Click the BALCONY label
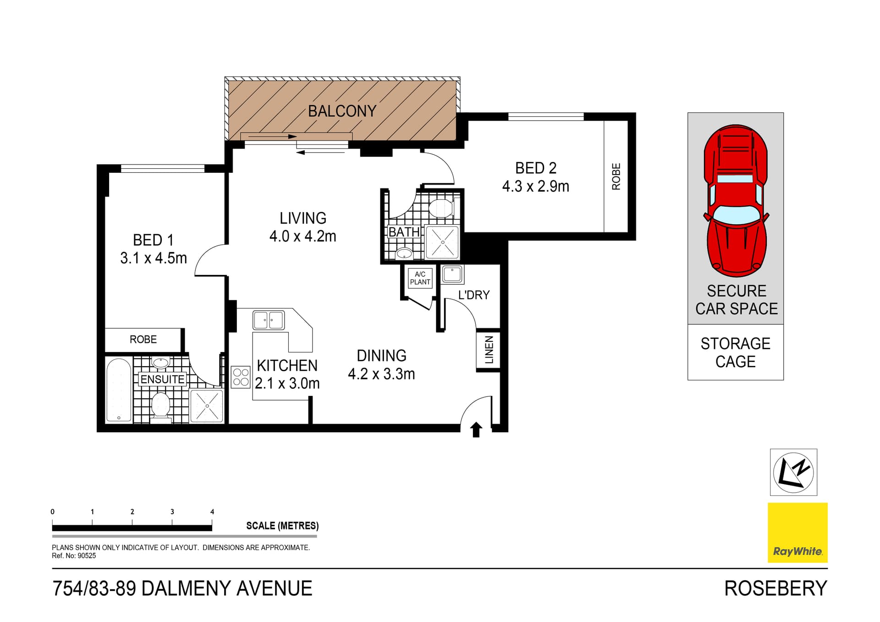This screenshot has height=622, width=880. coord(342,111)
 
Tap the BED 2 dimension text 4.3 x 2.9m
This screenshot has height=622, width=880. coord(535,187)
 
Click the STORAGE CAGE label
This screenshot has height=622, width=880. coord(735,352)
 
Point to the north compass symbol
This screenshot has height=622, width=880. coord(793,472)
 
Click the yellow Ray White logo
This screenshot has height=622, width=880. coord(797,532)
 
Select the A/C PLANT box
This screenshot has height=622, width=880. coord(420,278)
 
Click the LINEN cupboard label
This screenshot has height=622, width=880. coord(489,350)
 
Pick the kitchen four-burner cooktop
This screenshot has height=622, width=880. coord(241,377)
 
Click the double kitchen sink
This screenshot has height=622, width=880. coord(269,320)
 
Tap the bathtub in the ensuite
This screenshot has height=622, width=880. coord(119,390)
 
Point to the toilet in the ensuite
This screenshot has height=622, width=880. coord(160,405)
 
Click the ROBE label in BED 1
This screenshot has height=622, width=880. coord(143,339)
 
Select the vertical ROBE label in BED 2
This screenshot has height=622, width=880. coord(616,176)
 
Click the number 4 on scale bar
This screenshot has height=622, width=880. coord(212,512)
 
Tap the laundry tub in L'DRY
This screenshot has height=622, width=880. coord(452,274)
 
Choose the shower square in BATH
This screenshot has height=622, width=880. coord(442,241)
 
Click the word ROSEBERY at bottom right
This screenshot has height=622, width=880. coord(775,589)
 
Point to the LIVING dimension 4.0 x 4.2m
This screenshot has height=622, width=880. coord(302,237)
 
